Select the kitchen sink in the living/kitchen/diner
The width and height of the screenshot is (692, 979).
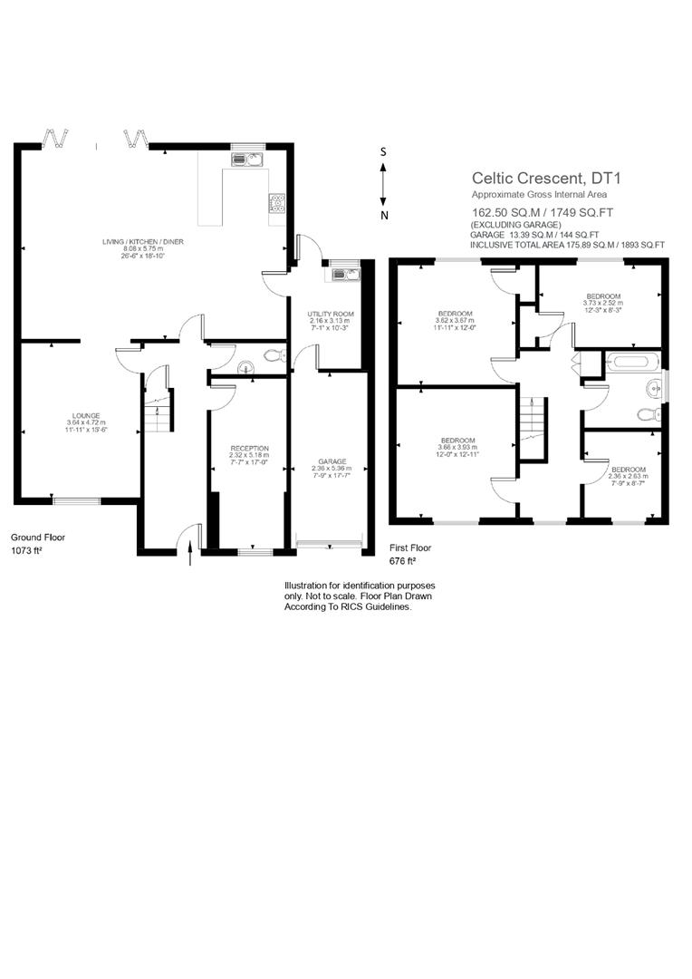coord(246,160)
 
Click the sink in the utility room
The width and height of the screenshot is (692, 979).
coord(345,275)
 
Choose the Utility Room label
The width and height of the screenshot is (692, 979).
coord(330,319)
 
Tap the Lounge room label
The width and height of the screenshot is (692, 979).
coord(86,422)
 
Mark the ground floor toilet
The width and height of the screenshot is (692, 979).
coord(272,357)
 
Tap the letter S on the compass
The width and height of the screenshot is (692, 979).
coord(384,151)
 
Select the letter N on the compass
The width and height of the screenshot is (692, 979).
coord(384,215)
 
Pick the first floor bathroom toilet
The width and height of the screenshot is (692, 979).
coord(647,414)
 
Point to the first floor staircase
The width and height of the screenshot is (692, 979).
coord(532,426)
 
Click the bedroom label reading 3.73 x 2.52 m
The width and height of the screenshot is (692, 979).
coord(603,303)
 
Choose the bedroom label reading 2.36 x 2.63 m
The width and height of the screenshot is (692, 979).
coord(629,476)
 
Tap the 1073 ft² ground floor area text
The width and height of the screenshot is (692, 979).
coord(25,550)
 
